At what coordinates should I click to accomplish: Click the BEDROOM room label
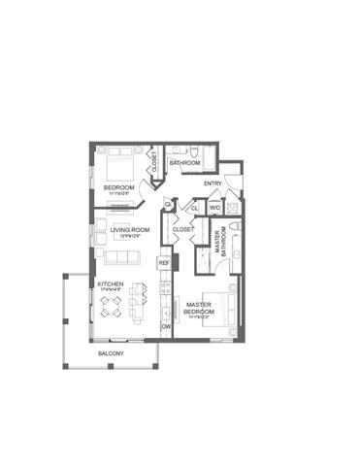[x=118, y=185]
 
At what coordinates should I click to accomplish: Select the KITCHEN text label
[x=111, y=284]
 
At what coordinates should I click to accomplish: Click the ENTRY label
[x=213, y=183]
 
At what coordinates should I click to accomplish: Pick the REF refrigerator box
[x=164, y=263]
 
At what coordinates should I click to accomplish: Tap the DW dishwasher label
[x=166, y=326]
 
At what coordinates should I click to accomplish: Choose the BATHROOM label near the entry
[x=184, y=163]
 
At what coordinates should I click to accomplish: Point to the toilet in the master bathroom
[x=235, y=230]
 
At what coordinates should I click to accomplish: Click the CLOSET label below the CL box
[x=182, y=230]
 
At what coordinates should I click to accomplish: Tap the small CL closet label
[x=195, y=207]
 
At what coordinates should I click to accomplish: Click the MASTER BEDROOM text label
[x=200, y=308]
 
